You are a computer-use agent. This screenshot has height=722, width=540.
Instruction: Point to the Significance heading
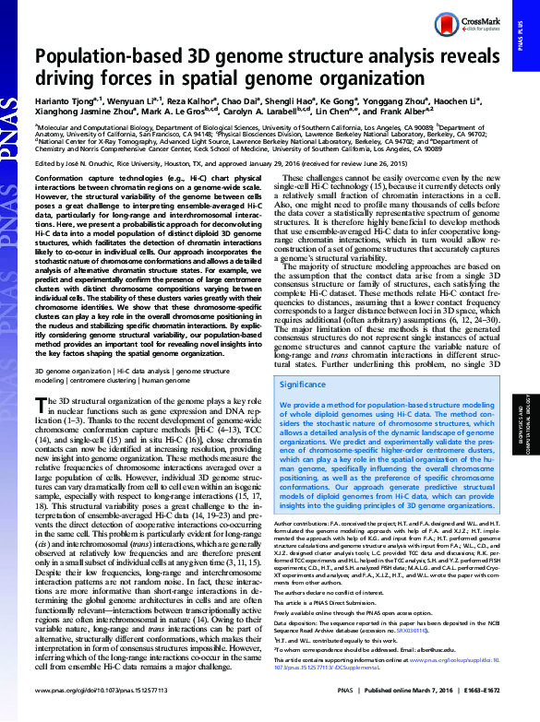click(303, 383)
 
